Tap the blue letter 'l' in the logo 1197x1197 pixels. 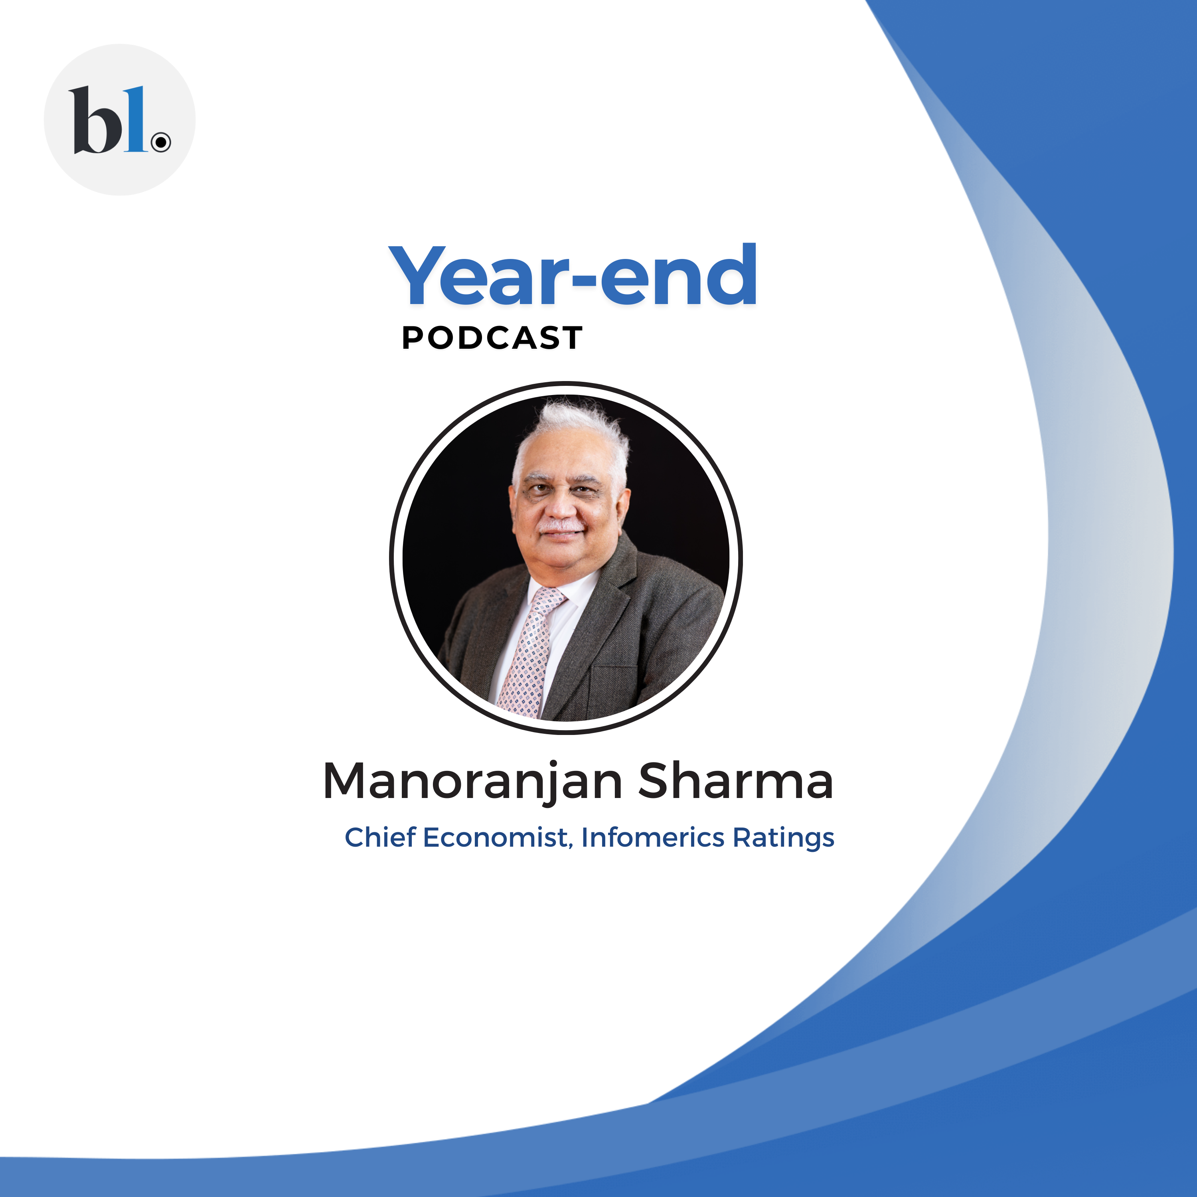pyautogui.click(x=135, y=119)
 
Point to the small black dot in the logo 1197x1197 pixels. pyautogui.click(x=161, y=142)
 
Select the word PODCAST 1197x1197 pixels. pyautogui.click(x=492, y=338)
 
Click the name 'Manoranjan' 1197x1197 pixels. pyautogui.click(x=473, y=782)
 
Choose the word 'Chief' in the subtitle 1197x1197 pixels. pyautogui.click(x=380, y=837)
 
